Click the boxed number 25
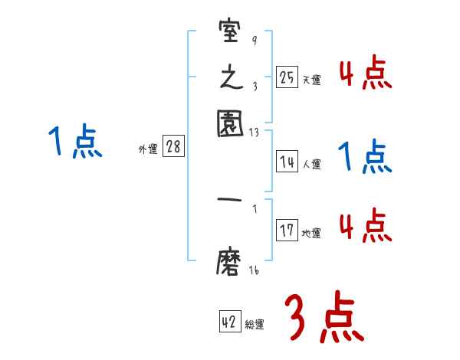coord(287,77)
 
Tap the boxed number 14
coord(287,162)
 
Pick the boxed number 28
coord(173,148)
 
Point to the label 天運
coord(311,80)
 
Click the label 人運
coord(311,164)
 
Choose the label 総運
coord(255,325)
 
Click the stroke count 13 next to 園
coord(255,133)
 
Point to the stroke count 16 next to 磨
coord(255,270)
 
